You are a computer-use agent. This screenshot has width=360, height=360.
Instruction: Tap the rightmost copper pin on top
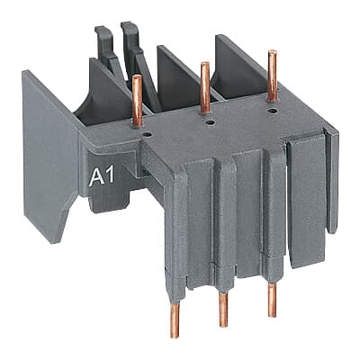point(271,76)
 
